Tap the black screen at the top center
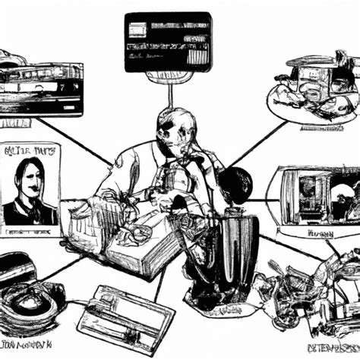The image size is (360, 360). click(167, 42)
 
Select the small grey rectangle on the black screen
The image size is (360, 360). click(137, 30)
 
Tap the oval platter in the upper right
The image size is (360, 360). click(312, 95)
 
